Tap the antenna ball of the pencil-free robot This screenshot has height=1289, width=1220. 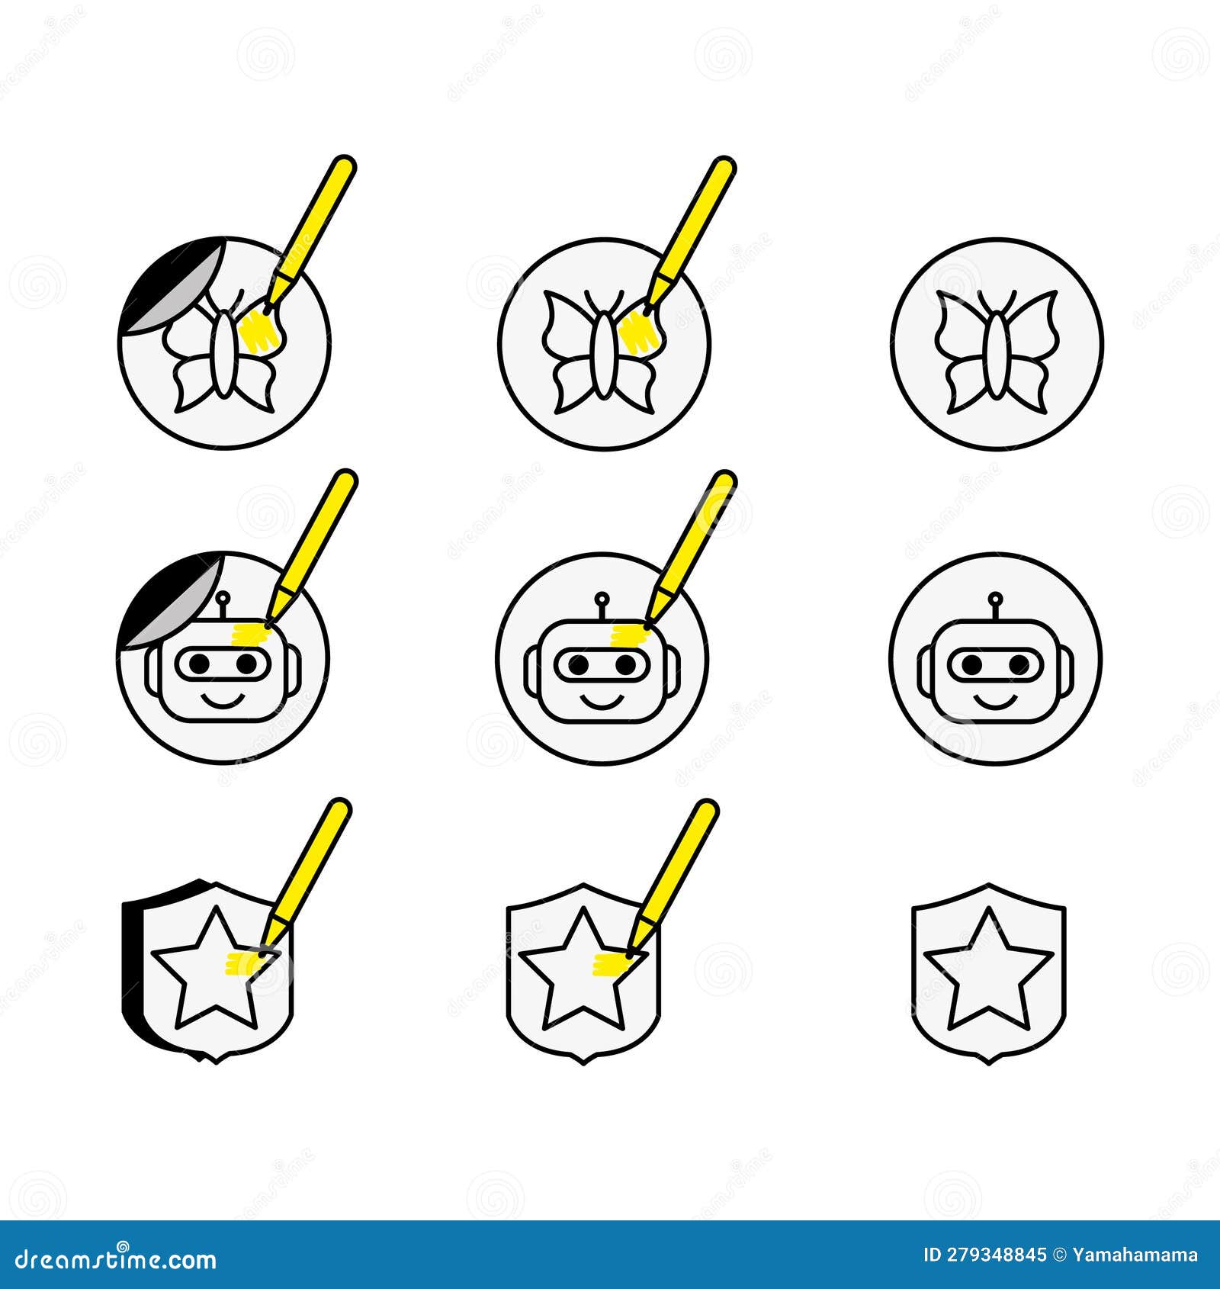994,598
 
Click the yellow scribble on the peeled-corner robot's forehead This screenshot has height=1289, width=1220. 250,632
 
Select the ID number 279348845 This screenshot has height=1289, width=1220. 995,1255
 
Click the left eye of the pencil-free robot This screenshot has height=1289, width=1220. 971,665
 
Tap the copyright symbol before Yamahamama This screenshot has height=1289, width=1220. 1059,1255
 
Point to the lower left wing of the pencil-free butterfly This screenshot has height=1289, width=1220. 965,386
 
